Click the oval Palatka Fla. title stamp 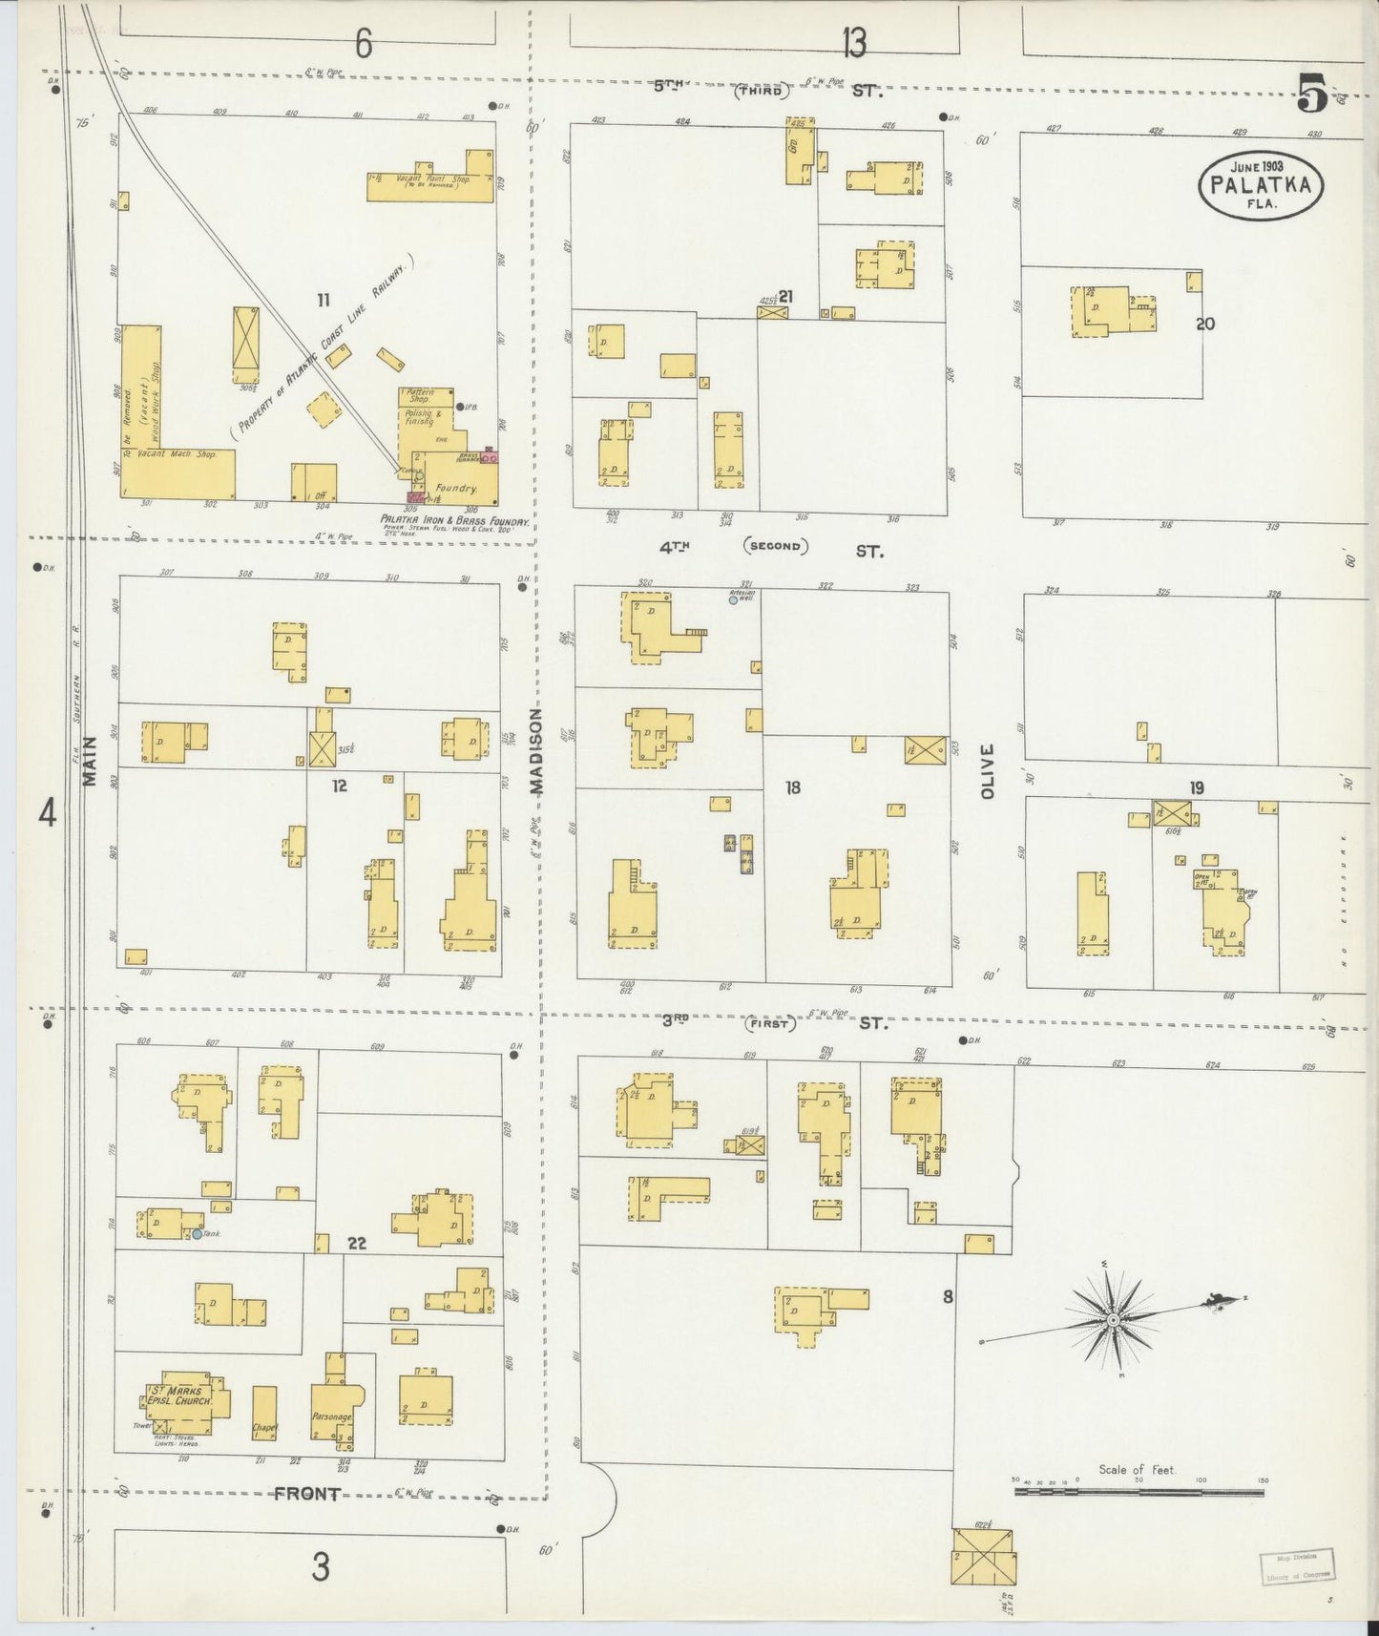point(1261,184)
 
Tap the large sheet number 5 point(1312,95)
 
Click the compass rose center point(1113,1319)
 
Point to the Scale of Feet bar point(1139,1490)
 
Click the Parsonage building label point(331,1417)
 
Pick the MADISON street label point(536,750)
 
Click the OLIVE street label point(988,771)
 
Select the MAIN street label point(90,761)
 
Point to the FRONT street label point(306,1495)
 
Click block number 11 point(324,301)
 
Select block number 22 point(356,1243)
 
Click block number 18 point(792,787)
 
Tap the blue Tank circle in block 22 point(196,1234)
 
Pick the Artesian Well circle point(733,600)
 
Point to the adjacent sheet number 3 point(321,1567)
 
